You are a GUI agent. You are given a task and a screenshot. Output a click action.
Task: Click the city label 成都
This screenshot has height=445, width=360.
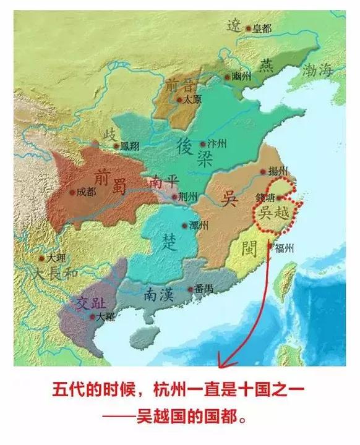[87, 192]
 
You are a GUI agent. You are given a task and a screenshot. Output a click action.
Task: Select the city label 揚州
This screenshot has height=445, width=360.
[280, 171]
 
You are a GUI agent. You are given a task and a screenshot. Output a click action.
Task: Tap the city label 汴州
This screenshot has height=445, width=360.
[218, 144]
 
